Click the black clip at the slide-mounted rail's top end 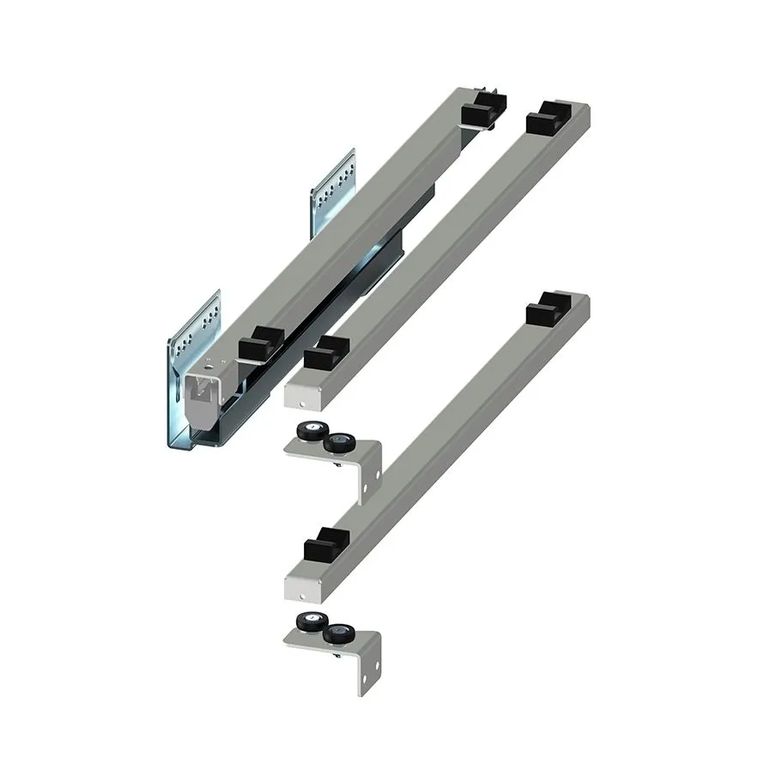(x=482, y=112)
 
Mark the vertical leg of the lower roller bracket (x=368, y=670)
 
